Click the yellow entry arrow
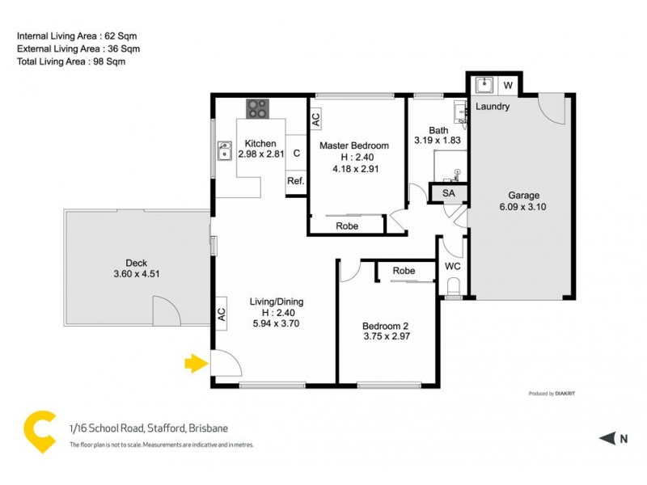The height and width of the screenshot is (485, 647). [x=195, y=364]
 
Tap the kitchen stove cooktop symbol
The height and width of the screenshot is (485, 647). [x=258, y=107]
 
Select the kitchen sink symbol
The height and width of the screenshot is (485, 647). [x=225, y=150]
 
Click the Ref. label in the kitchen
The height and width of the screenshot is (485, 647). [x=295, y=181]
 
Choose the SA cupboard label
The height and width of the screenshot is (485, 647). [x=448, y=193]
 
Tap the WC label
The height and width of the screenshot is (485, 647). [x=452, y=266]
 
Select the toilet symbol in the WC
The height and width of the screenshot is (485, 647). [x=453, y=286]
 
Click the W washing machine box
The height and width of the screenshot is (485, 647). [x=509, y=85]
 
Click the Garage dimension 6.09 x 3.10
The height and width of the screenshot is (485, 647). [x=523, y=208]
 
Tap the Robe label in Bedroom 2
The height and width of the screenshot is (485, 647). [x=404, y=272]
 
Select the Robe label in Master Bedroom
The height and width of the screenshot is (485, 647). [x=347, y=226]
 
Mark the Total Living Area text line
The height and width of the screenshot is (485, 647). [x=72, y=61]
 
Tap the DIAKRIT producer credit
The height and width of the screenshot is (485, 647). [x=565, y=394]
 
